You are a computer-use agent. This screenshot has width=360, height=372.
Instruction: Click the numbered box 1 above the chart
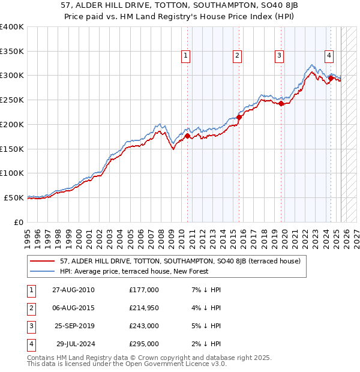click(x=186, y=56)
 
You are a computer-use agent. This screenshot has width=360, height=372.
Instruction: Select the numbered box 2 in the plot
click(x=238, y=56)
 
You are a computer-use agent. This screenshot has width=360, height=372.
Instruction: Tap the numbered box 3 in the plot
click(x=280, y=56)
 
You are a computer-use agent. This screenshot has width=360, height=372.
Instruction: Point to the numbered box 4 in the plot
click(x=329, y=56)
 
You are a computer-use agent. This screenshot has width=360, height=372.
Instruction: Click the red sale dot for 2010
click(x=187, y=136)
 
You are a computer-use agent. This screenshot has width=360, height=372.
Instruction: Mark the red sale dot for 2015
click(x=238, y=117)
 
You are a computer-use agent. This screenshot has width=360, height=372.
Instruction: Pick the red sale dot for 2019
click(x=281, y=103)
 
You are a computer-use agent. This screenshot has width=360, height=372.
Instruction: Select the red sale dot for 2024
click(x=331, y=77)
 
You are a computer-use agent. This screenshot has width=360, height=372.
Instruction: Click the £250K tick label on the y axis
click(x=13, y=100)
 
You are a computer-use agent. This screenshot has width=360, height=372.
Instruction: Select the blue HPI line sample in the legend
click(x=43, y=271)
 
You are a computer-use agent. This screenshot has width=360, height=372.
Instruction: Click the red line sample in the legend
click(x=43, y=261)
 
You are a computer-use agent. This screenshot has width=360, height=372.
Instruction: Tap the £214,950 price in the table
click(x=144, y=308)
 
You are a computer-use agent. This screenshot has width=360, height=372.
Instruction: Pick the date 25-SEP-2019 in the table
click(x=73, y=326)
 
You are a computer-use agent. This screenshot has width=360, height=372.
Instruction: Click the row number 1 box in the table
click(x=31, y=290)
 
